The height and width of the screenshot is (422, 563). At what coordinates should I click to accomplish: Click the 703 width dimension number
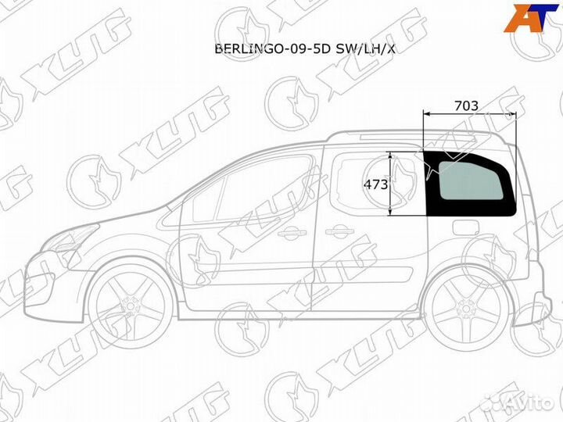click(466, 105)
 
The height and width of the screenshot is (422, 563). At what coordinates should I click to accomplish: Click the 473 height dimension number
click(376, 184)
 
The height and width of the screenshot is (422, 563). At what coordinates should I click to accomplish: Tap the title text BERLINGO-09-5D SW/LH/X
click(304, 48)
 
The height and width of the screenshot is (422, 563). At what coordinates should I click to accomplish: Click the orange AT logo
click(531, 18)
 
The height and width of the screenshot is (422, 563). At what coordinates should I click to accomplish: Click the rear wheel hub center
click(466, 309)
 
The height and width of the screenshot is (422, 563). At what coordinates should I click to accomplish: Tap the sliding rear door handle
click(339, 232)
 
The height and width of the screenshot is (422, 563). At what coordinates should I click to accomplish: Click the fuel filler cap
click(466, 227)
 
